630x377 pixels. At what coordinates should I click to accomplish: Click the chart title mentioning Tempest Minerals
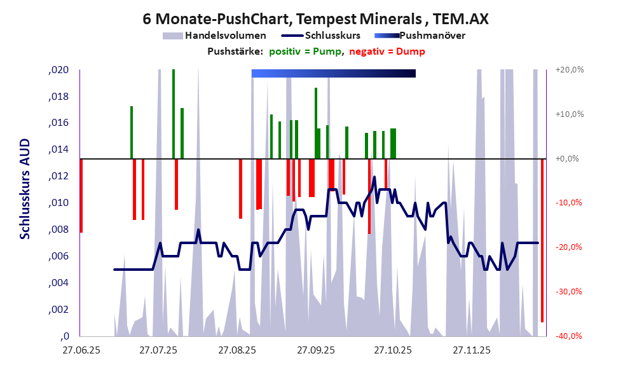point(315,18)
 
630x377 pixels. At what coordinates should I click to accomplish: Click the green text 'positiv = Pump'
point(305,51)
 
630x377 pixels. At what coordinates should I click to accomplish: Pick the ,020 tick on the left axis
point(58,70)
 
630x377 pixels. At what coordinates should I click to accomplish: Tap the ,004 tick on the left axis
point(58,283)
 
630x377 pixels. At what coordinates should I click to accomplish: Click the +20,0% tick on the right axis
point(568,70)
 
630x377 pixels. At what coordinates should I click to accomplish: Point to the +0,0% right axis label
point(566,159)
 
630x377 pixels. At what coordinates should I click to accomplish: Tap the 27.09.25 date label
point(315,350)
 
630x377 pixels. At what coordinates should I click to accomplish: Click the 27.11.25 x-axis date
point(471,350)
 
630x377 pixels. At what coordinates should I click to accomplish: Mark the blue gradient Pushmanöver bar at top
point(333,74)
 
